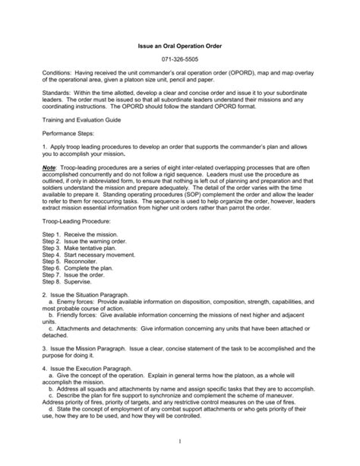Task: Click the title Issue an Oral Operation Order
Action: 179,46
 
